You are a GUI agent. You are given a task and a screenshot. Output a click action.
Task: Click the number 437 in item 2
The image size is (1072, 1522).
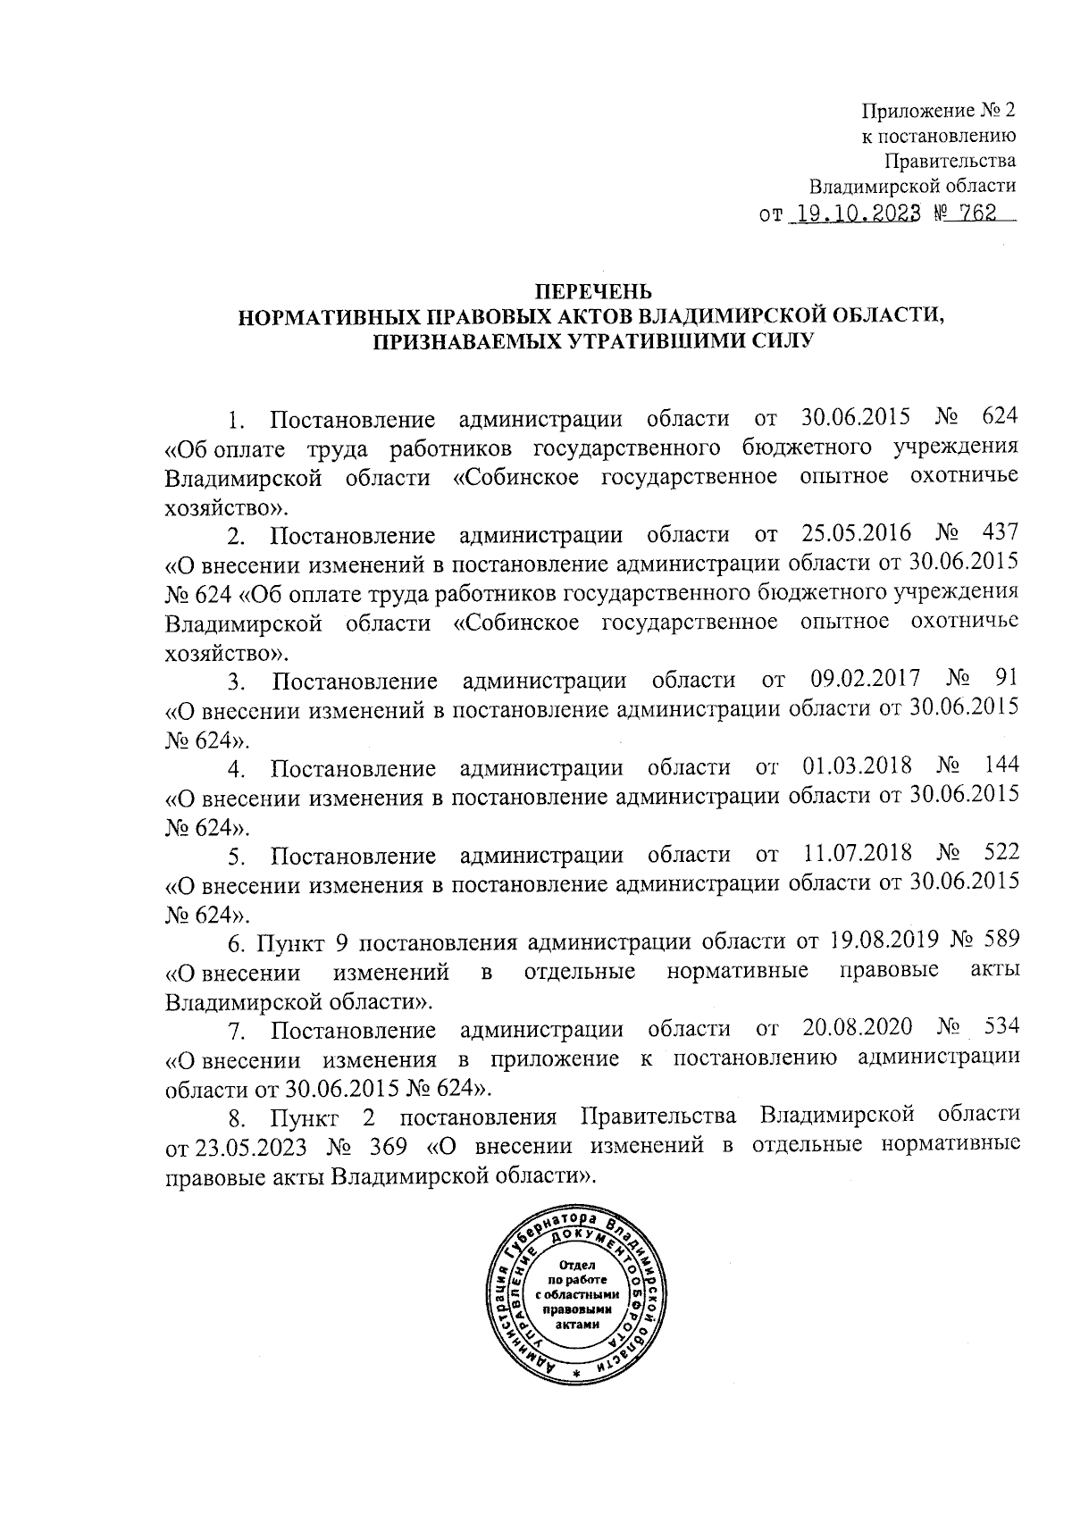[x=999, y=533]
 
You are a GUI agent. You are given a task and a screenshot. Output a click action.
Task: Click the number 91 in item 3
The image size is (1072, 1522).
[x=1006, y=680]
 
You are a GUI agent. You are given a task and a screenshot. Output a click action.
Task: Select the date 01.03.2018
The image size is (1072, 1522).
[x=858, y=766]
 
